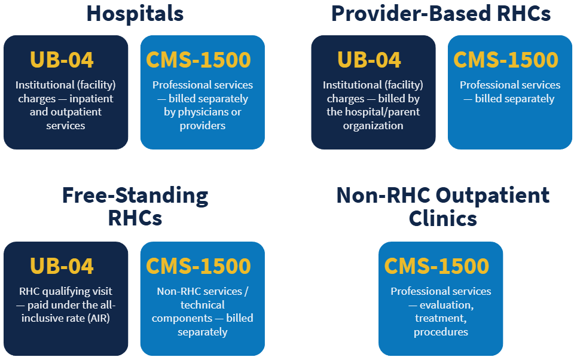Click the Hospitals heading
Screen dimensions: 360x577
pos(135,13)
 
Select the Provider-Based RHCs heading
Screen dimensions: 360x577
pos(441,13)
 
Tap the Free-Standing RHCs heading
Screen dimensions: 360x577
pos(135,206)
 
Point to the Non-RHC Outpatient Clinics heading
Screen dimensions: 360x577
pos(442,206)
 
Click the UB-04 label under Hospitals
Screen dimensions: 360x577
pos(62,60)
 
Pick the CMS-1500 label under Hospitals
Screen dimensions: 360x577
pos(199,60)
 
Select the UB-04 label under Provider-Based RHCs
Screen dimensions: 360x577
pos(369,60)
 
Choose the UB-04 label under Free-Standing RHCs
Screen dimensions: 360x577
pos(62,266)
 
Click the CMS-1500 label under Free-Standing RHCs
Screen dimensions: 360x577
pos(199,266)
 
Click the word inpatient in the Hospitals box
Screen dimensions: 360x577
pos(91,99)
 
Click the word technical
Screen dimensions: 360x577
pos(202,305)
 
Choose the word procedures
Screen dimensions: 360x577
pos(441,332)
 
